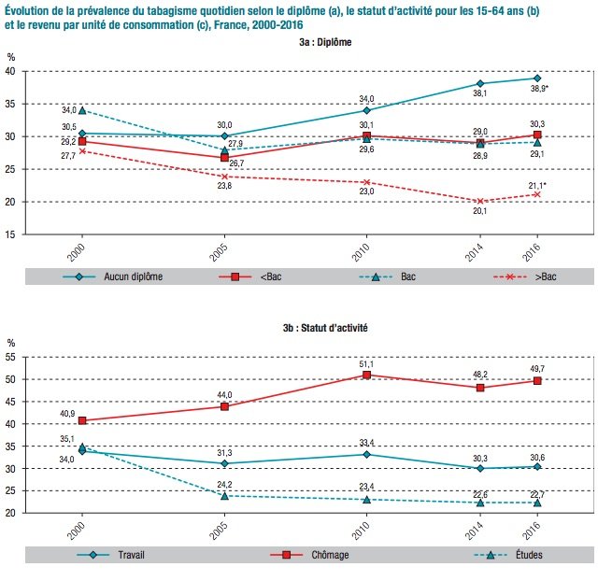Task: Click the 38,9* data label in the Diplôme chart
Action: (x=539, y=89)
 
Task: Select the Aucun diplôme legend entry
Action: (x=113, y=276)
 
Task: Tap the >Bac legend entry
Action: (x=524, y=276)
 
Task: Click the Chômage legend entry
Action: (x=309, y=555)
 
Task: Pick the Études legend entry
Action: (x=508, y=555)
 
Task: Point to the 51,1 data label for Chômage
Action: (x=366, y=364)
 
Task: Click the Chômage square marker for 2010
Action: (x=366, y=375)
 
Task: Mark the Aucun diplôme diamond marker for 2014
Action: (x=480, y=83)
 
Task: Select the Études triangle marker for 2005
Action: (x=224, y=496)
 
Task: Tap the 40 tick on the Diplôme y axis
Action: (x=10, y=71)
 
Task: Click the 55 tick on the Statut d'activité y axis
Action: (x=10, y=358)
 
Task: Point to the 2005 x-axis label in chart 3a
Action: (x=219, y=252)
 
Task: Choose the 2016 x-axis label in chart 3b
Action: (x=532, y=531)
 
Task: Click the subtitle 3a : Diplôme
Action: (x=325, y=42)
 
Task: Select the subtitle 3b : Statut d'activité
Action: (x=325, y=328)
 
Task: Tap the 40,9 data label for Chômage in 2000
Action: (x=67, y=413)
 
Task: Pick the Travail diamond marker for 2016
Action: (x=537, y=467)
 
